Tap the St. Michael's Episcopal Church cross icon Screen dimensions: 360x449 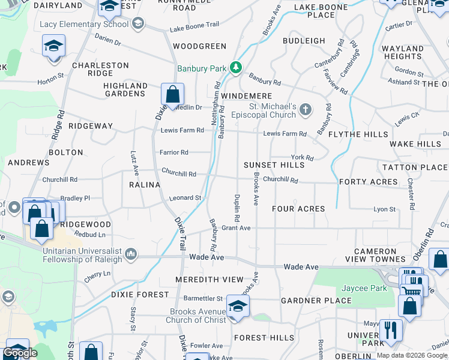click(306, 109)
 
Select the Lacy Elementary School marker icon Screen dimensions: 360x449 click(139, 24)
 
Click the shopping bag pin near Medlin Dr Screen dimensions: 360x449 click(172, 95)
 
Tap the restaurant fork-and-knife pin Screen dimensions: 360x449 click(391, 329)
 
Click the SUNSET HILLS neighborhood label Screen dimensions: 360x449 click(274, 165)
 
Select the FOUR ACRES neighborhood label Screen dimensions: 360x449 click(298, 209)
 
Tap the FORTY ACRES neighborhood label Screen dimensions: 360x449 click(369, 182)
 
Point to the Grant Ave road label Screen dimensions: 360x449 click(236, 228)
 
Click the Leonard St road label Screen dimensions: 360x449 click(184, 197)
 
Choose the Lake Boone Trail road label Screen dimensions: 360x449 click(194, 28)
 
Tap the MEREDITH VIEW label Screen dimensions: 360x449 click(209, 280)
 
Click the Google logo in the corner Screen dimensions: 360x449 click(20, 353)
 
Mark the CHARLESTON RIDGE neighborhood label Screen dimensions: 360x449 click(100, 69)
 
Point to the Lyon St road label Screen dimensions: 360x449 click(385, 209)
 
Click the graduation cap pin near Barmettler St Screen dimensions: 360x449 click(238, 306)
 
